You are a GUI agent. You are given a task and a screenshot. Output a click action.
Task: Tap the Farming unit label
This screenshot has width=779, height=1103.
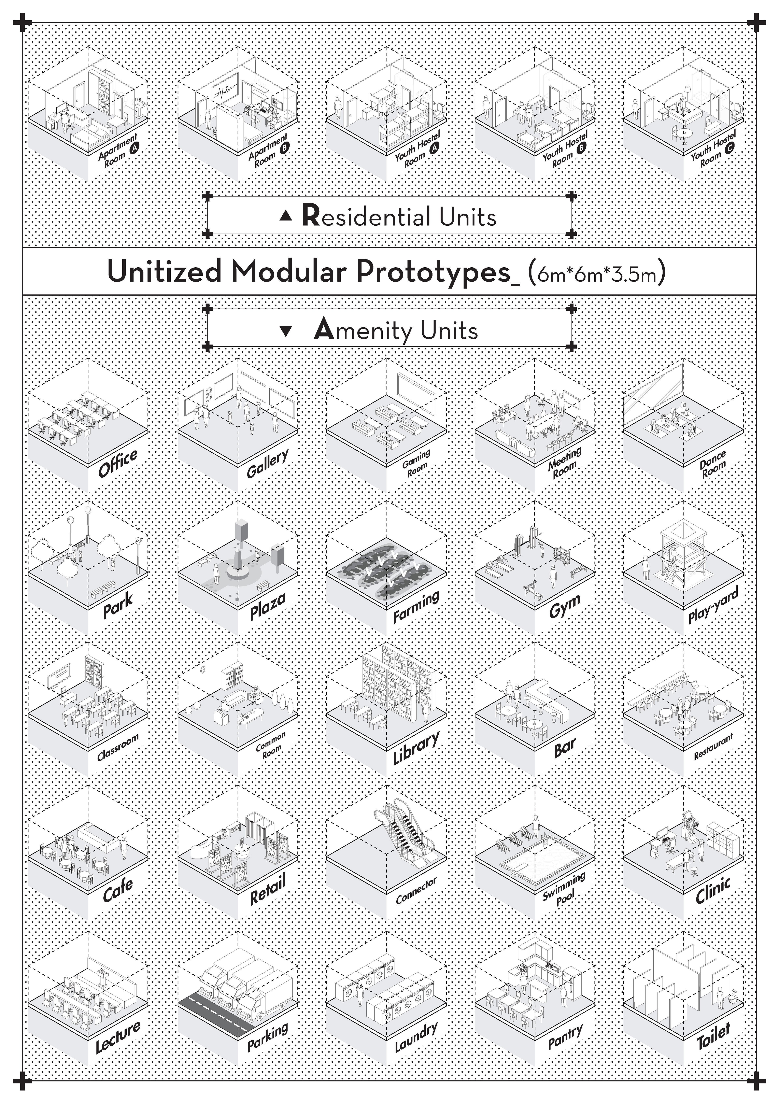[416, 606]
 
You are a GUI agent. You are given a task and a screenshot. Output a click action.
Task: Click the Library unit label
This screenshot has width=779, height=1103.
[416, 748]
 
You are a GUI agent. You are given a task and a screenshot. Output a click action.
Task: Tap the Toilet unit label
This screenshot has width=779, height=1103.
[713, 1035]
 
